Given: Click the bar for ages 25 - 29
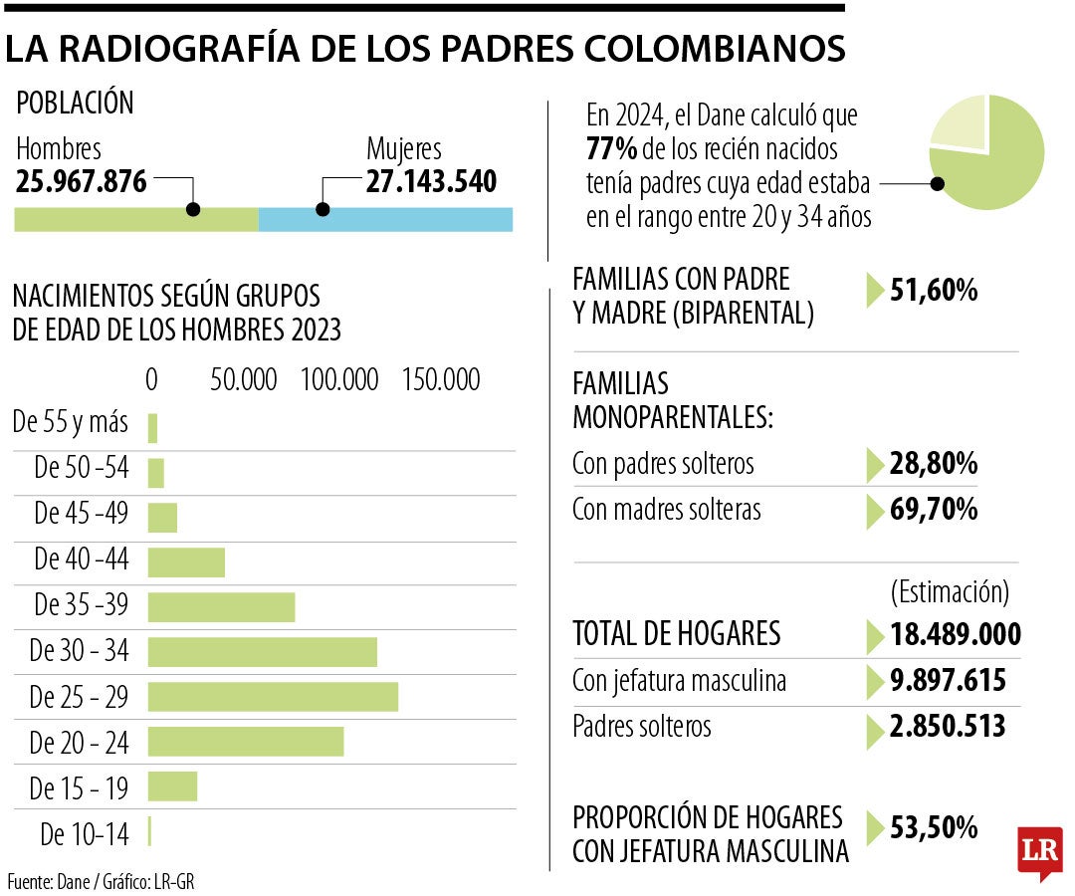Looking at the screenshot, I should tap(273, 697).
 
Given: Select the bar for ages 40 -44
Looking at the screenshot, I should tap(186, 562).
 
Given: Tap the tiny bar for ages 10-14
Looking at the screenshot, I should tap(149, 832).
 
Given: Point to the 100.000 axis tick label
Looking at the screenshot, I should tap(339, 380).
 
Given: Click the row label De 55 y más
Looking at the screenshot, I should tap(71, 422).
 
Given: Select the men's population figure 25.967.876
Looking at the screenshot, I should tap(82, 182).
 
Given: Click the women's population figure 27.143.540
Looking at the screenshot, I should tap(431, 182).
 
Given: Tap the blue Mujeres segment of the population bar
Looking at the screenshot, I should tap(385, 219).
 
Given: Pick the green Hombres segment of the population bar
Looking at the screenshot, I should tap(135, 219).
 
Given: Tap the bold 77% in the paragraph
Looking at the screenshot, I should tap(611, 150).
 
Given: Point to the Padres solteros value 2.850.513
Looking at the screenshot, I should tap(948, 727).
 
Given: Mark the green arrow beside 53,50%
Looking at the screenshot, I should tap(874, 828).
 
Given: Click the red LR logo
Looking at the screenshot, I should tap(1039, 851).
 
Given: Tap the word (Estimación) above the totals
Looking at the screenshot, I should tap(950, 592).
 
